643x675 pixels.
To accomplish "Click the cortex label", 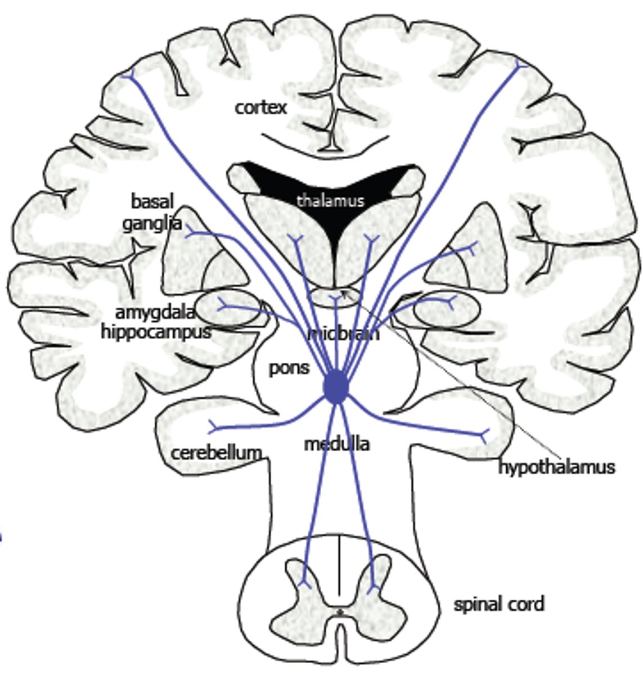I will tap(260, 107).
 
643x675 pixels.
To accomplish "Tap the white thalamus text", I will tap(330, 200).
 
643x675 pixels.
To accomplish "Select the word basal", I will tap(152, 201).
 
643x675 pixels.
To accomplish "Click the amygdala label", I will tap(155, 313).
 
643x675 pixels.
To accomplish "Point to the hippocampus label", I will tap(156, 331).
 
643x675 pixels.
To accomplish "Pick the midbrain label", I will tap(344, 334).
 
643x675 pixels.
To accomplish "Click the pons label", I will tap(289, 368).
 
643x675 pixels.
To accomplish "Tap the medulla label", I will tap(336, 444).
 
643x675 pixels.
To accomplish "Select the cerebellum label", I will tap(216, 452).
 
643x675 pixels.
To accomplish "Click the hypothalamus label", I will tap(556, 467).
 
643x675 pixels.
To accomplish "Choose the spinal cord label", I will tap(499, 604).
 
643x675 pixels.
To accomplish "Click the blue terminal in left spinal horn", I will tap(304, 579).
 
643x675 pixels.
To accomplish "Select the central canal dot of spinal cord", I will tap(339, 611).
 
